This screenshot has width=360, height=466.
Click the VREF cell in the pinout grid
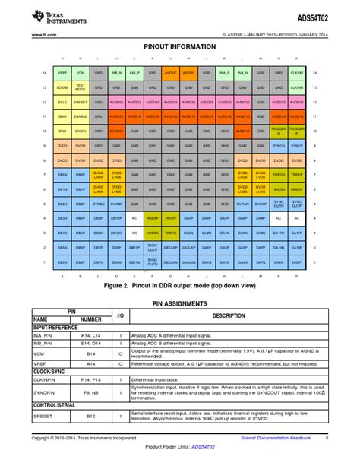(62, 73)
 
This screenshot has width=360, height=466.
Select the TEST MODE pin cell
(81, 87)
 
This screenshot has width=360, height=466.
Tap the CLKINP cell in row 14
(297, 73)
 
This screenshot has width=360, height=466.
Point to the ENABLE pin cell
(81, 116)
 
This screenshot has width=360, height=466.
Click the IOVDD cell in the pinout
(81, 131)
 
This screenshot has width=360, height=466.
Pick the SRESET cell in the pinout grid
(81, 102)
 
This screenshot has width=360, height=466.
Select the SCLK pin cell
(62, 102)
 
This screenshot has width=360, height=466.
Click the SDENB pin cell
(62, 87)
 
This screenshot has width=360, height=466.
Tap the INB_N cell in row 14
(116, 73)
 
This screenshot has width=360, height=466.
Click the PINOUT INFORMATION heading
(179, 46)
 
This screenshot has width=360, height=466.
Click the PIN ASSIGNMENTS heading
(179, 303)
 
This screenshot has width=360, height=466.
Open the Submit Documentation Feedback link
(276, 438)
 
